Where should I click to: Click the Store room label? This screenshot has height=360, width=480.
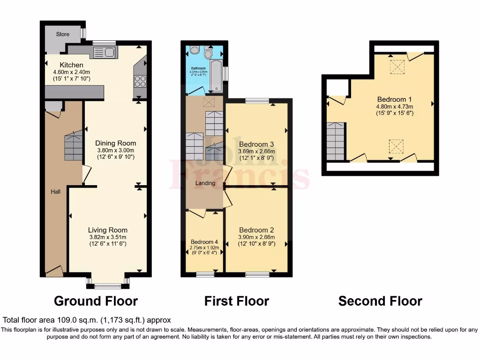click(x=63, y=34)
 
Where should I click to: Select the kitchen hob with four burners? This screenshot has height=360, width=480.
click(x=140, y=81)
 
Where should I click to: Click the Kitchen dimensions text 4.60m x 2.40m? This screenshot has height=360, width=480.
click(x=71, y=72)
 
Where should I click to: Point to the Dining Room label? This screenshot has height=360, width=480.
click(x=116, y=143)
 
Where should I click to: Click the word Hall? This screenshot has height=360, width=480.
click(x=56, y=192)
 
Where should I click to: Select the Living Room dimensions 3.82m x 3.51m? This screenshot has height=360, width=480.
click(x=108, y=237)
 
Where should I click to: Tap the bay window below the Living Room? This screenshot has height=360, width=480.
click(x=108, y=283)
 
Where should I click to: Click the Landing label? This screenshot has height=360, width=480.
click(x=205, y=183)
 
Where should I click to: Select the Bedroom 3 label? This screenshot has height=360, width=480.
click(x=256, y=144)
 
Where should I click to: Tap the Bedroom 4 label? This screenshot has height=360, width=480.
click(x=204, y=241)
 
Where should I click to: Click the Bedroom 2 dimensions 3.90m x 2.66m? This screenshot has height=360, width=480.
click(x=256, y=237)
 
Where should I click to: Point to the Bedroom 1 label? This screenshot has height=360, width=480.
click(x=394, y=99)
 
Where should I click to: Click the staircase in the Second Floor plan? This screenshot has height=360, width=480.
click(x=336, y=141)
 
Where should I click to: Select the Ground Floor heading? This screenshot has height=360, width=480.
click(x=96, y=301)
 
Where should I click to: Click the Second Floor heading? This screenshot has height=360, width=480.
click(x=380, y=301)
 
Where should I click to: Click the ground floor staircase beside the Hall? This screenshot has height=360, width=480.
click(x=74, y=146)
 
